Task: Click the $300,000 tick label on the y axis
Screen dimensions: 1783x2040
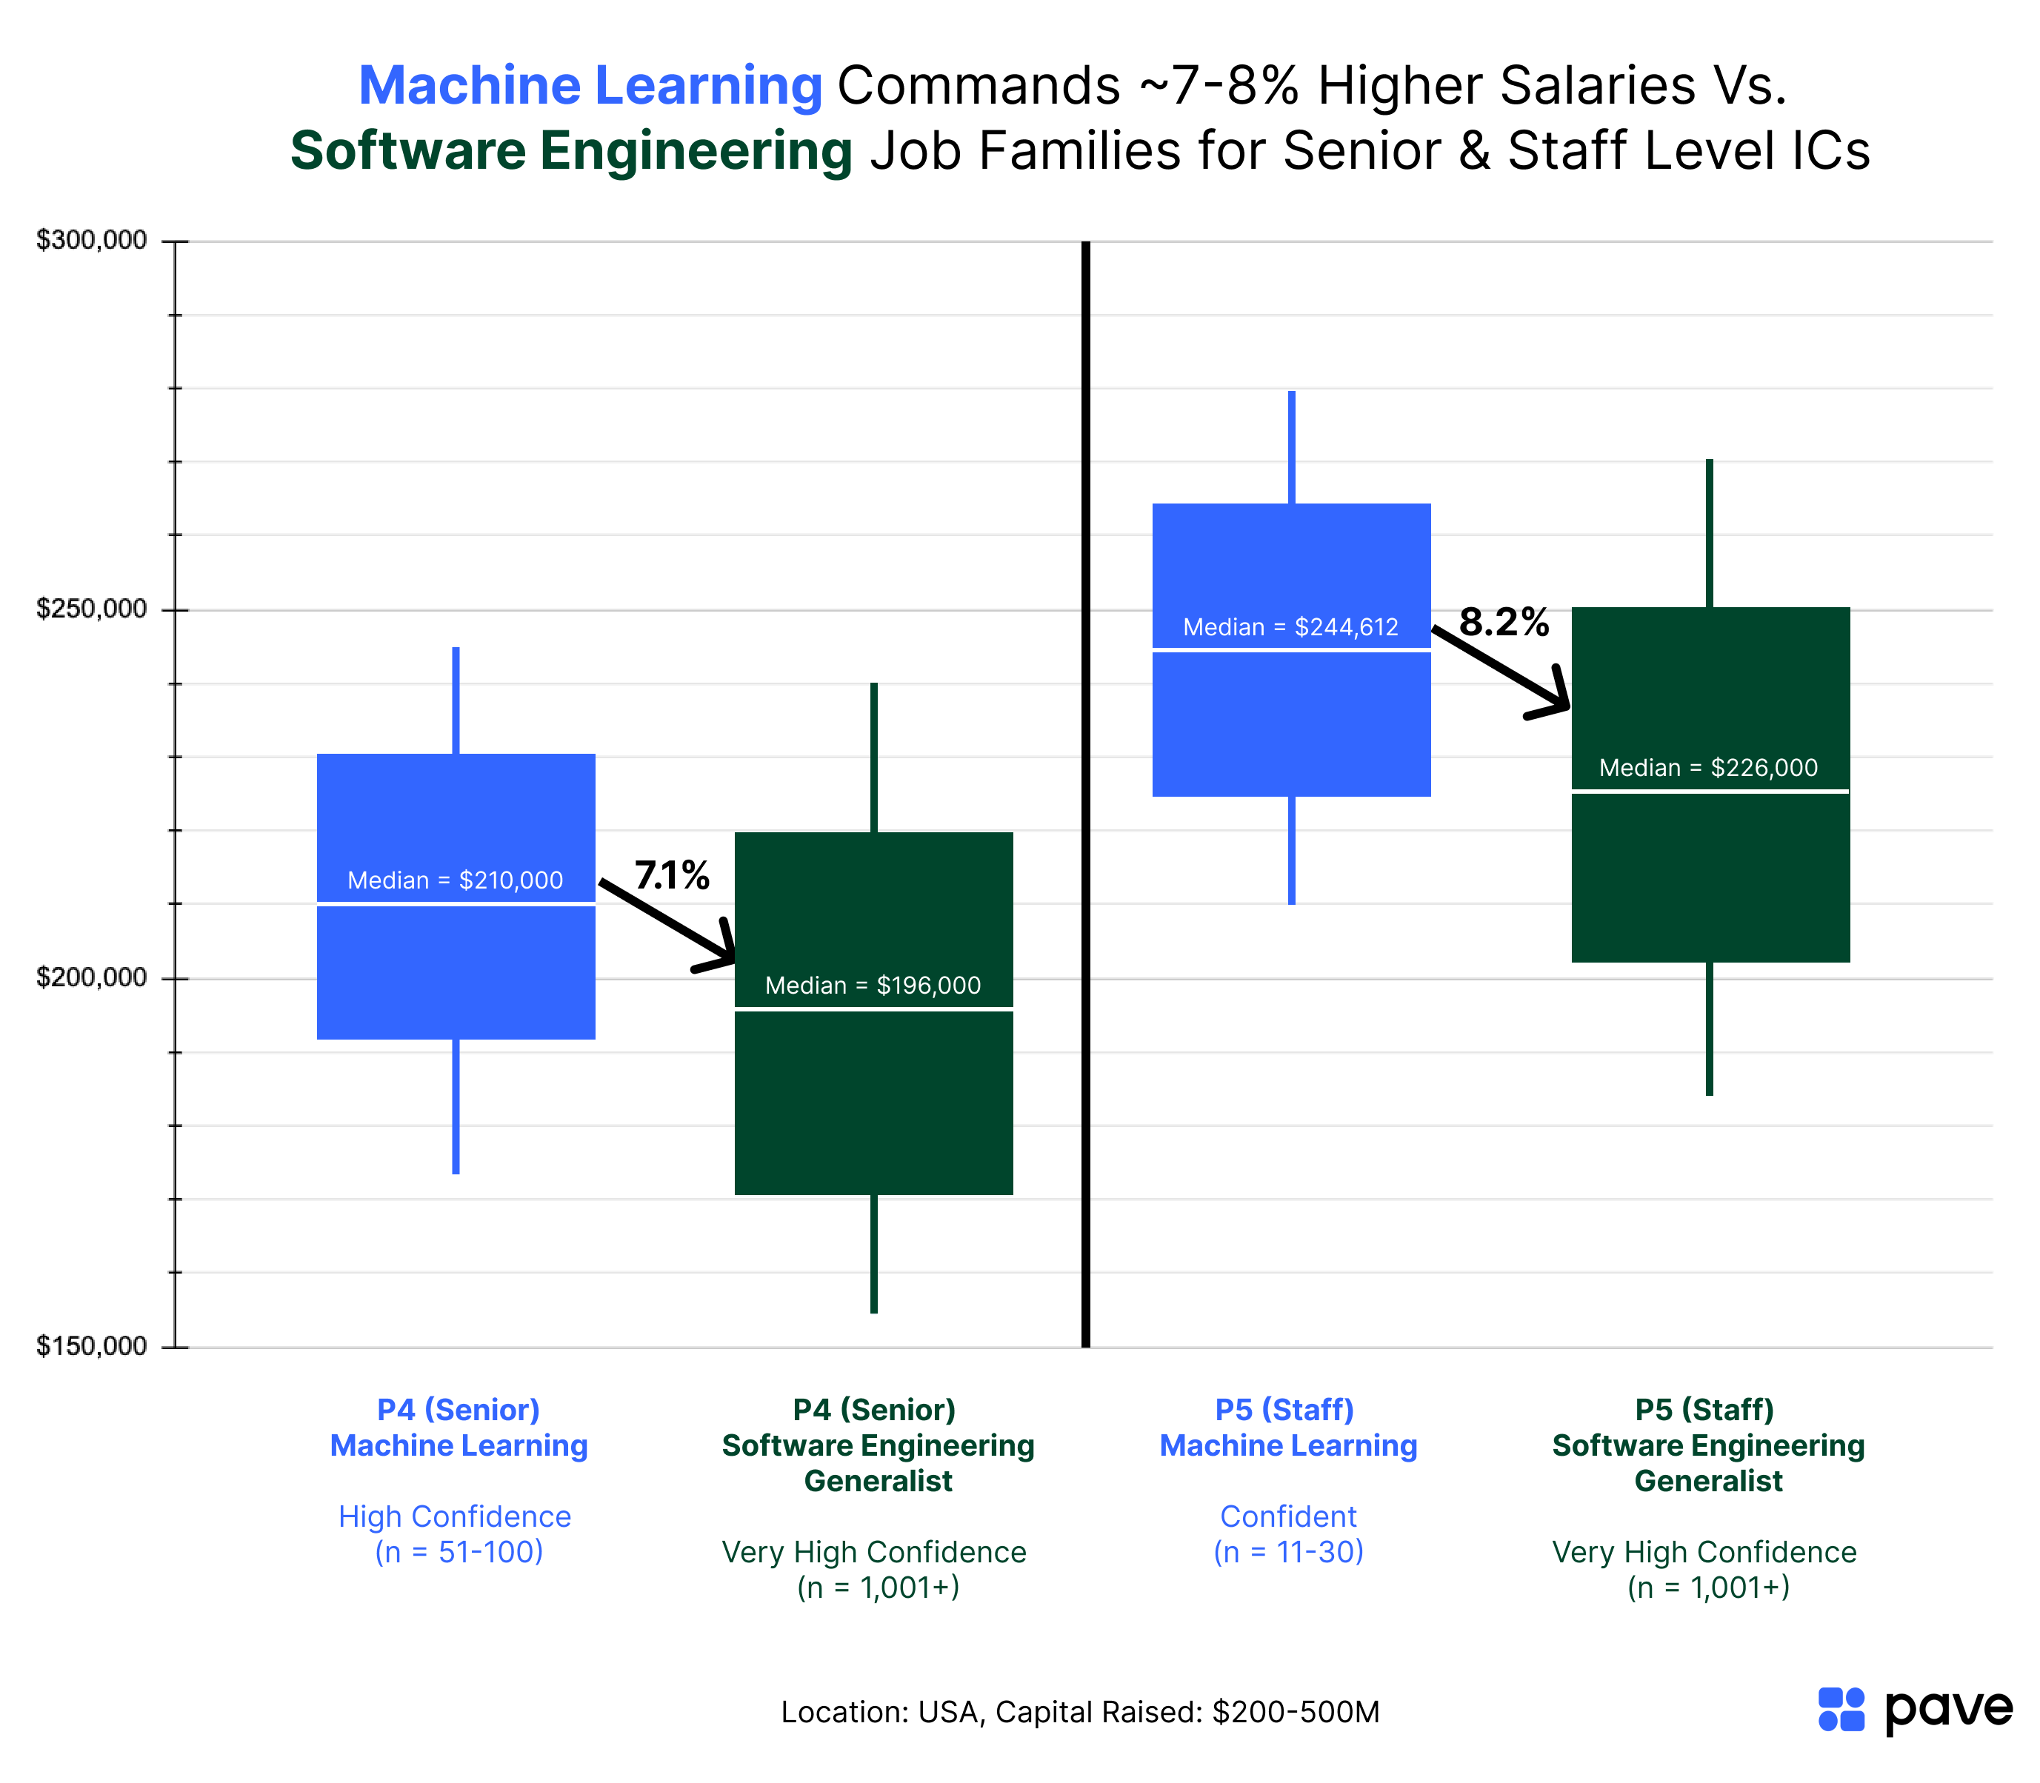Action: [x=92, y=241]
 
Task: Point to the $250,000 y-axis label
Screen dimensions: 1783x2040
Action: [x=92, y=609]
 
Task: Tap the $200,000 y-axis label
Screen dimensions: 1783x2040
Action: [x=92, y=977]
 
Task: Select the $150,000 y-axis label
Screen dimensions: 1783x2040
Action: [x=92, y=1346]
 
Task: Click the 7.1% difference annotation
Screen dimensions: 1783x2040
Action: [x=673, y=875]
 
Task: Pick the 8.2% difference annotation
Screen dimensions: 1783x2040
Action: [x=1504, y=623]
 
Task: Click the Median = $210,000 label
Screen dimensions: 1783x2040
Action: [x=455, y=880]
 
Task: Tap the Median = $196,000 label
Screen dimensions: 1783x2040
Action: [x=873, y=986]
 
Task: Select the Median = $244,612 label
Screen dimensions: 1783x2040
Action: [x=1290, y=628]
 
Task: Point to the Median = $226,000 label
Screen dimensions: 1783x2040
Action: [x=1707, y=768]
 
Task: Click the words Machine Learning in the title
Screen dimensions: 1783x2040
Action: [x=590, y=86]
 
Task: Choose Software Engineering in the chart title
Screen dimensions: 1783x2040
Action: [x=571, y=151]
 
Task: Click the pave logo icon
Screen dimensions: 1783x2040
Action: [x=1841, y=1710]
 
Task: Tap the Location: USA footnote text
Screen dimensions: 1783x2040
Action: [x=1080, y=1713]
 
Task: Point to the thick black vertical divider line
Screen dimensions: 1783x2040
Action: [x=1086, y=796]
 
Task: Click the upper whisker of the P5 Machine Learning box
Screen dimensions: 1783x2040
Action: [x=1292, y=448]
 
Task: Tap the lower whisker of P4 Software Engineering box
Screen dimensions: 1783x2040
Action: [x=874, y=1254]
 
